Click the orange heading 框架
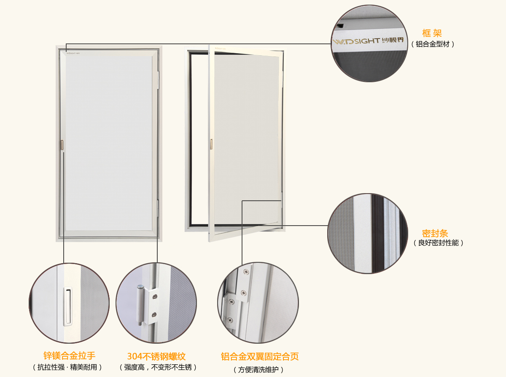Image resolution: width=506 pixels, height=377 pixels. coord(432,33)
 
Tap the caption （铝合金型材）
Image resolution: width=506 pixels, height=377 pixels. coord(433,44)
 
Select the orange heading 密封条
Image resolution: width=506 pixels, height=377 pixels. coord(435,234)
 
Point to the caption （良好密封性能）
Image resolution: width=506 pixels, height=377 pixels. coord(438,243)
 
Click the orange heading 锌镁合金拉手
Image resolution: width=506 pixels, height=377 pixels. coord(69,356)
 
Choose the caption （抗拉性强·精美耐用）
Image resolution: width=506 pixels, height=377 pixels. coord(67,367)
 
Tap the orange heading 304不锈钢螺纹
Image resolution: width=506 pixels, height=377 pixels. coord(156,356)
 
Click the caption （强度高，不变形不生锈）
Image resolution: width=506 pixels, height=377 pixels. coord(158,367)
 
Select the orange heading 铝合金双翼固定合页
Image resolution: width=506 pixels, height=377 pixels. coord(260,356)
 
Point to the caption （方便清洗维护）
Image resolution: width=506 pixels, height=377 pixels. coord(258,370)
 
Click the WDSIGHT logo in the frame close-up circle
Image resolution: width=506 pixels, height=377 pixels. coord(368,41)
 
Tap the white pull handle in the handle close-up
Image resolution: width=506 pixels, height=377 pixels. coord(67,306)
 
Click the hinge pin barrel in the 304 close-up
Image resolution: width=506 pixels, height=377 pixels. coord(140,304)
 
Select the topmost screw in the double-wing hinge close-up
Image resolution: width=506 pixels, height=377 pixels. coord(246,272)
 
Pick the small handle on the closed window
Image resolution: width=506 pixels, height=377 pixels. coord(62,145)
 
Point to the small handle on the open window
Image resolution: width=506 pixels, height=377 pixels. coord(211,144)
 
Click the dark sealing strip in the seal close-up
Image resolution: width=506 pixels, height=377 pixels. coord(377,233)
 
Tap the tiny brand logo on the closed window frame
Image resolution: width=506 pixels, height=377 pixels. coord(73,54)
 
